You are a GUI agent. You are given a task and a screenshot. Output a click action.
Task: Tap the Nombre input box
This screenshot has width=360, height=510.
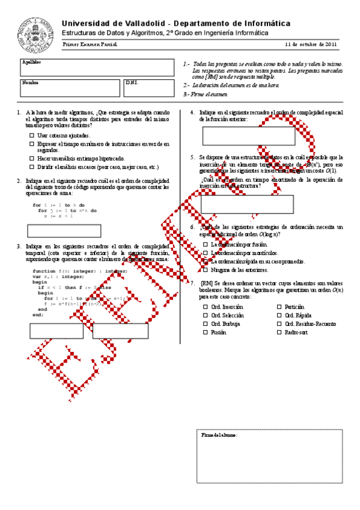(70, 87)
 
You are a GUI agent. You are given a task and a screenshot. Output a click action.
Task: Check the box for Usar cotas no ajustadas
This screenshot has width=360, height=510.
(32, 136)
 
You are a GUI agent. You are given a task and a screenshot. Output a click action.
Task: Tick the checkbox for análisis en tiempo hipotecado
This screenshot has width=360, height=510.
(32, 158)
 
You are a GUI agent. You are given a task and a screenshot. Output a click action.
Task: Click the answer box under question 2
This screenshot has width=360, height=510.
(64, 231)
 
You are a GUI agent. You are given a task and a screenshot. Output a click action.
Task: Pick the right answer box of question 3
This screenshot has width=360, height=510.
(120, 331)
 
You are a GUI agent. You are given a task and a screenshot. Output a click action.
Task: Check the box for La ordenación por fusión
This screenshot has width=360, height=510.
(206, 245)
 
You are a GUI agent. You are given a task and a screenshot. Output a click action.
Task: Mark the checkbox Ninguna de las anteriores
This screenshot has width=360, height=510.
(206, 269)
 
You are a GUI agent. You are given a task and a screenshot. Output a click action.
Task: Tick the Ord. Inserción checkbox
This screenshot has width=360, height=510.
(206, 307)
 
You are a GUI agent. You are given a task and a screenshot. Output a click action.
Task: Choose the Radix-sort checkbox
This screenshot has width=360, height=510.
(279, 332)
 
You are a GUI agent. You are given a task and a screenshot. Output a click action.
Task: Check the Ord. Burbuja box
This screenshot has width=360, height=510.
(206, 324)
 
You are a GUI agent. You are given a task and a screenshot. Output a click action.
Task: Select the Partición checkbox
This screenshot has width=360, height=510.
(279, 307)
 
